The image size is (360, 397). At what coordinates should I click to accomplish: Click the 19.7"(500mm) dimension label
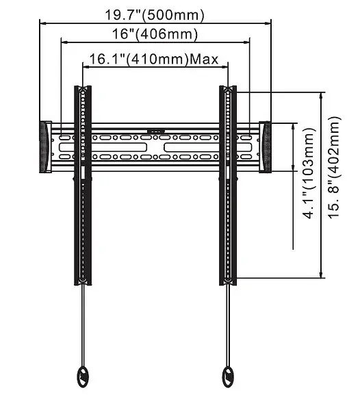click(x=154, y=15)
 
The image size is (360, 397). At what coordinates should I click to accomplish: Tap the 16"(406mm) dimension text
click(x=155, y=34)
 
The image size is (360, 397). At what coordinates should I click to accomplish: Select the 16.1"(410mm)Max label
click(x=154, y=60)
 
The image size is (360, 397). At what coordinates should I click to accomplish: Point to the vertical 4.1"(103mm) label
click(x=310, y=173)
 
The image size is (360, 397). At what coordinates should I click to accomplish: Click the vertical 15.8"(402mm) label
click(x=335, y=168)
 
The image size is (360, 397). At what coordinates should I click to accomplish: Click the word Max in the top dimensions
click(x=204, y=60)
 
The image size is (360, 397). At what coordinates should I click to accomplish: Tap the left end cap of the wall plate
click(x=46, y=147)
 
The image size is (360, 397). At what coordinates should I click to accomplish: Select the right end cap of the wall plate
click(x=265, y=147)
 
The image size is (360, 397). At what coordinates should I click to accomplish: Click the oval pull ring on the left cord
click(x=83, y=376)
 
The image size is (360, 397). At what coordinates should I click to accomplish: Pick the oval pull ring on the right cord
click(x=228, y=376)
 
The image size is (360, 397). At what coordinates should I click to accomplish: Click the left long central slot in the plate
click(x=103, y=147)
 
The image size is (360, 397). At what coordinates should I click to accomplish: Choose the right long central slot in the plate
click(x=207, y=147)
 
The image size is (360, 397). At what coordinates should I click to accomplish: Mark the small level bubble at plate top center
click(x=155, y=131)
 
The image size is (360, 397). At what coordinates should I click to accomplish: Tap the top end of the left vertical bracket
click(x=83, y=86)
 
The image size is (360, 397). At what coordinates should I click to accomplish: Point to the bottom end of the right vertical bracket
click(x=228, y=284)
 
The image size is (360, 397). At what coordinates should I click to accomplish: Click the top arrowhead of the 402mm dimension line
click(x=321, y=96)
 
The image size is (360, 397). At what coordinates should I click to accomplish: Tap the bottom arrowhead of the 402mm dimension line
click(x=321, y=274)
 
